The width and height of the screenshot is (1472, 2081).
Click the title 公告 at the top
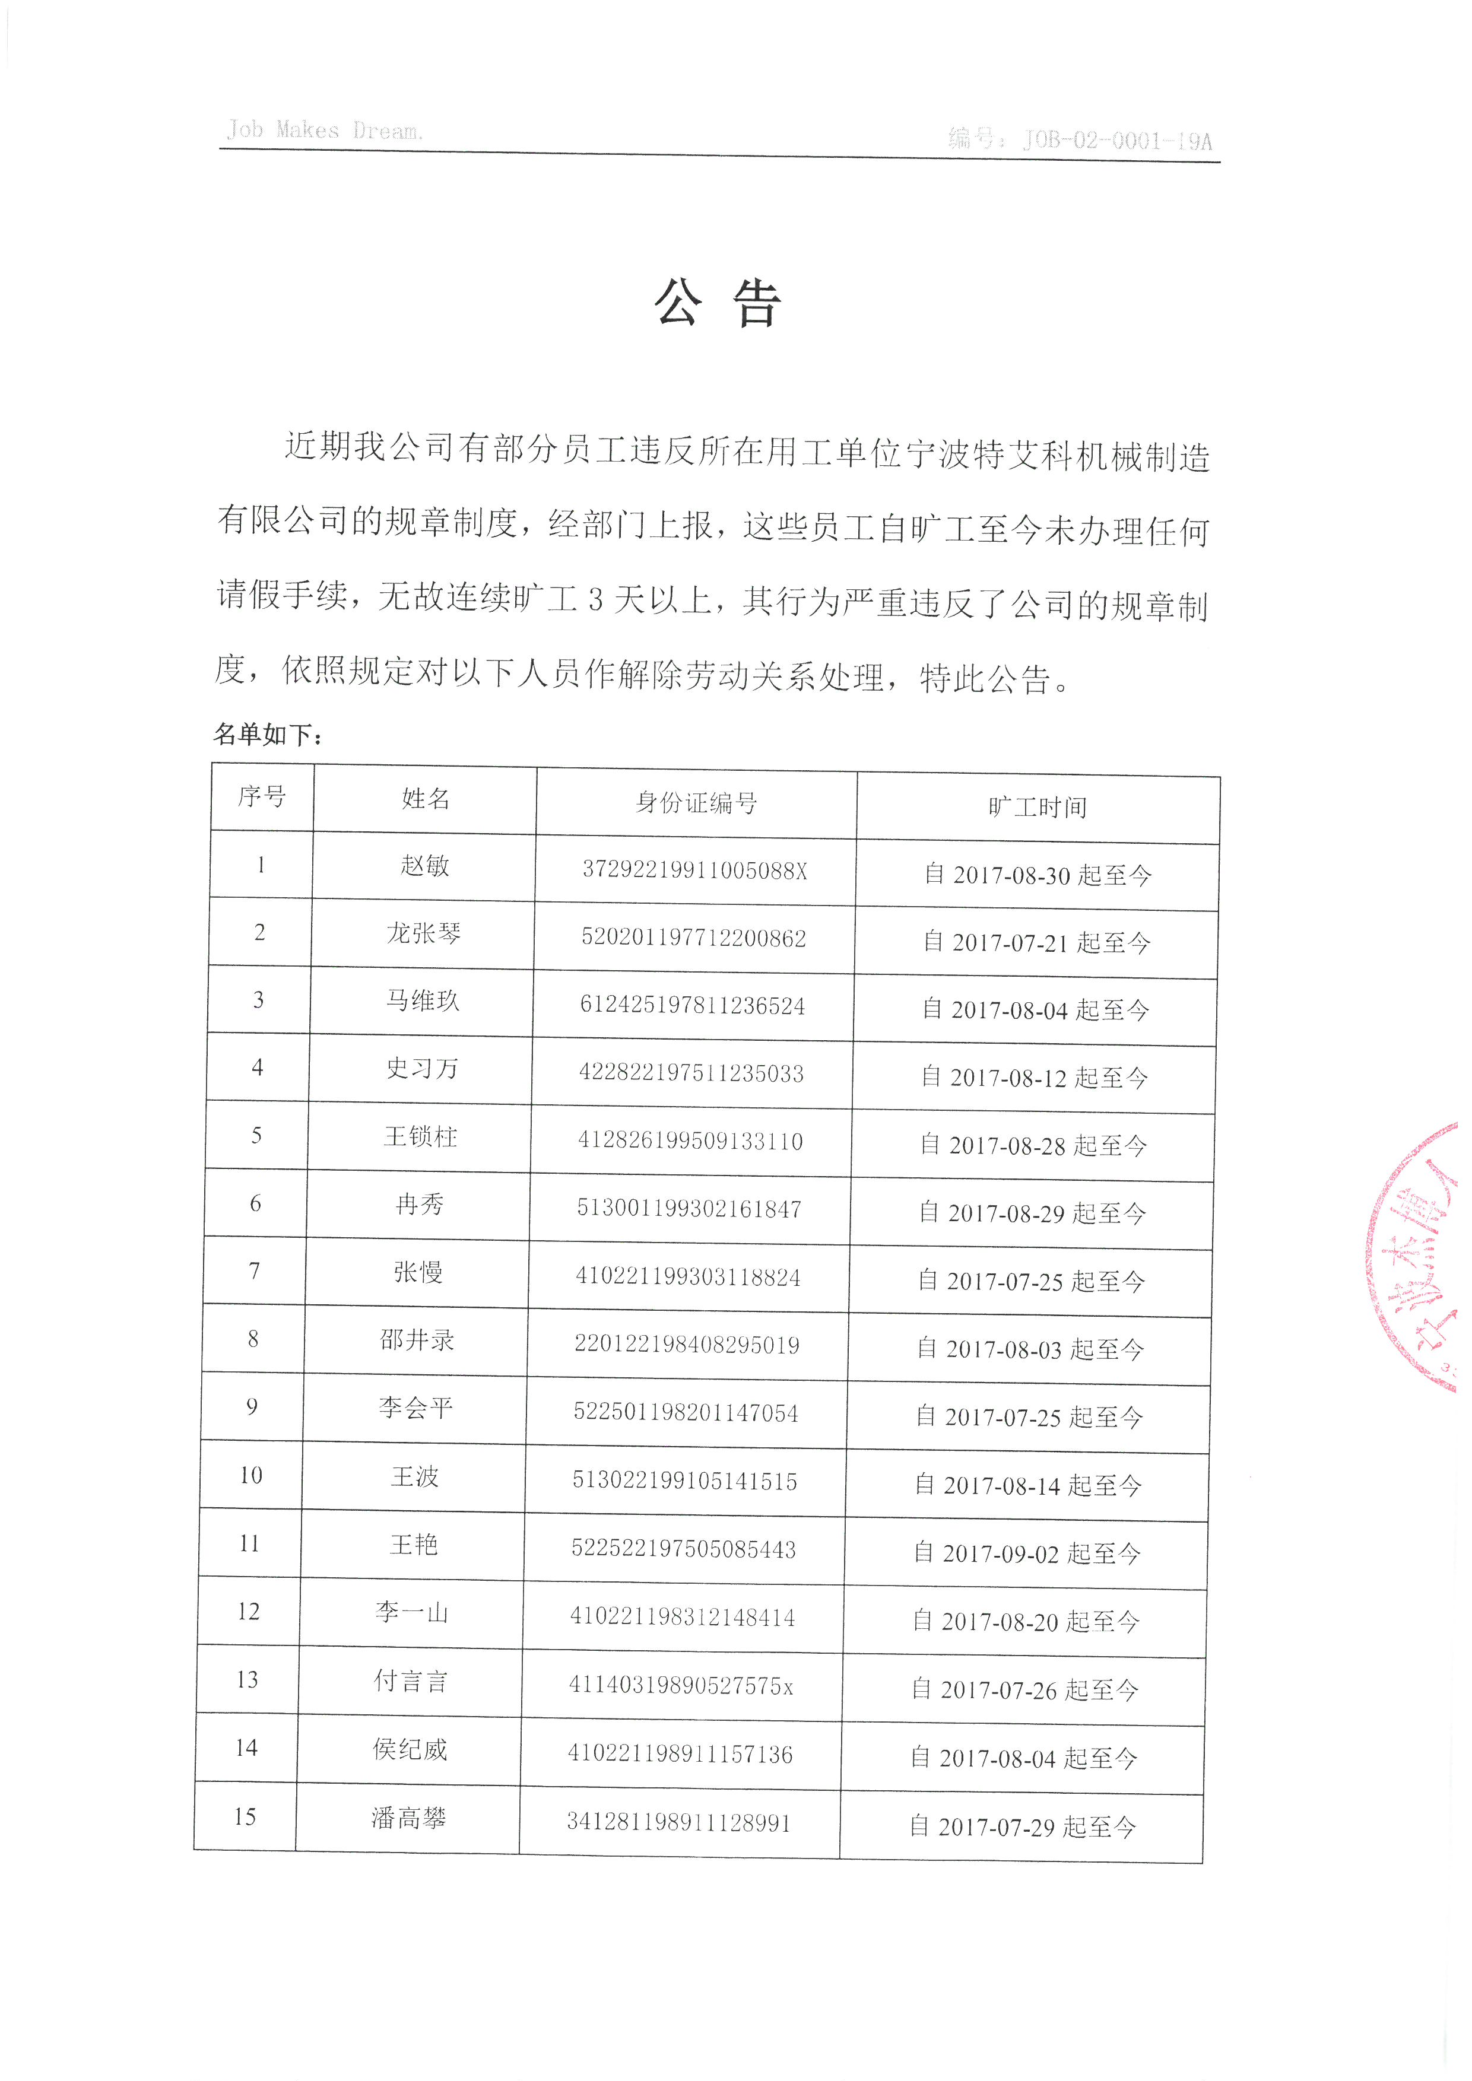tap(717, 303)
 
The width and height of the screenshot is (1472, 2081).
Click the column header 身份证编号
tap(696, 802)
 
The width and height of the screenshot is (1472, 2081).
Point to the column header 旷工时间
tap(1038, 806)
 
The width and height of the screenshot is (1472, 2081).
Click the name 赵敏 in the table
tap(425, 866)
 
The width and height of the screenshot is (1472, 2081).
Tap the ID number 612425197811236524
tap(693, 1005)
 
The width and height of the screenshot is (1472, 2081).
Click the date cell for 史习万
tap(1034, 1077)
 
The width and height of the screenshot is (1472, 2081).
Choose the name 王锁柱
tap(421, 1136)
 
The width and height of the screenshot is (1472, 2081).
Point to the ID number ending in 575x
tap(681, 1685)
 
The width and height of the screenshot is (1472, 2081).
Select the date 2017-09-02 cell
tap(1026, 1553)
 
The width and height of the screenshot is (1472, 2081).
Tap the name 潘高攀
tap(409, 1818)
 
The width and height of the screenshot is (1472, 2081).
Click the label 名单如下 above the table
tap(267, 734)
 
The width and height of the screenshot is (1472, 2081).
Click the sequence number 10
tap(251, 1475)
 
